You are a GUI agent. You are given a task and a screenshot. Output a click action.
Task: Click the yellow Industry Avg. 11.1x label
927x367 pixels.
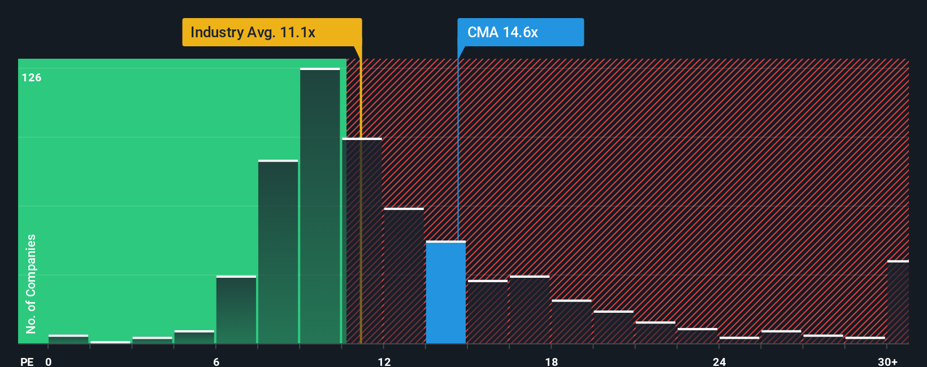271,32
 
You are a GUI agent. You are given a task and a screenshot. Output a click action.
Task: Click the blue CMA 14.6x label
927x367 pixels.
520,32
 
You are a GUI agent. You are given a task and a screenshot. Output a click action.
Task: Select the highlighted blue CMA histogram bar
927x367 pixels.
445,292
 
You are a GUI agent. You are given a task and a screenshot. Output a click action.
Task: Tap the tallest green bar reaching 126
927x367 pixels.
320,206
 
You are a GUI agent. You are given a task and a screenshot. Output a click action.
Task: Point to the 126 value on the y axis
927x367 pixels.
32,78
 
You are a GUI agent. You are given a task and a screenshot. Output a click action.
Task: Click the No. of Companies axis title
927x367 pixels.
31,283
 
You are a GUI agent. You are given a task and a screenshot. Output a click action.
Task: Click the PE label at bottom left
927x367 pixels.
27,361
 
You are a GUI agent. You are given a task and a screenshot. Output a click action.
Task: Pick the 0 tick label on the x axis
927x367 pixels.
49,361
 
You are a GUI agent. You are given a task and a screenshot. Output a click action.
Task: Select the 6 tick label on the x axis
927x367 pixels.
216,361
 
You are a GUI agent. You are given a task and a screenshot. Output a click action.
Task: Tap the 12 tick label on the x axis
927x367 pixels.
384,361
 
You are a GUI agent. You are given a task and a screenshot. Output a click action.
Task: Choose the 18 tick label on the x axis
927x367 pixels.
551,361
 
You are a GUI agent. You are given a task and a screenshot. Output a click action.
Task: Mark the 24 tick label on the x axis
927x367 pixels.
719,361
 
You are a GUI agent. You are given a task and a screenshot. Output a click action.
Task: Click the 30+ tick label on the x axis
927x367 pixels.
887,361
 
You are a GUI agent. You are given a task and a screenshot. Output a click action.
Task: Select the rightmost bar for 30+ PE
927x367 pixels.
898,302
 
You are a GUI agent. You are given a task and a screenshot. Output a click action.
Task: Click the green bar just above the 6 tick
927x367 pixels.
236,309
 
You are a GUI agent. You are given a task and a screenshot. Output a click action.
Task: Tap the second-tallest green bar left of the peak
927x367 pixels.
278,252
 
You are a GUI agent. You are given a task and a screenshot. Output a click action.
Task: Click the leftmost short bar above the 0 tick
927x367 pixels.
68,339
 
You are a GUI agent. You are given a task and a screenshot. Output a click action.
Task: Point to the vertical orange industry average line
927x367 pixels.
361,198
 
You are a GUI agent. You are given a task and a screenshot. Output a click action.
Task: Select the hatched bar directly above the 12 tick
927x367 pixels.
404,276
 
